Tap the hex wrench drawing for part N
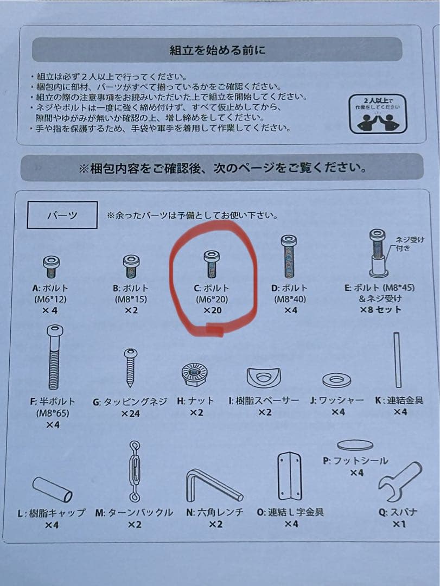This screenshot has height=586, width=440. (213, 486)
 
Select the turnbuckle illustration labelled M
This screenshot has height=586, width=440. (135, 472)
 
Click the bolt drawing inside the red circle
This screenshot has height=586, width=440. (211, 264)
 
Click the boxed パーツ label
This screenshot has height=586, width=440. (62, 215)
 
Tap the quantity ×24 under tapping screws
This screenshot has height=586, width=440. (130, 413)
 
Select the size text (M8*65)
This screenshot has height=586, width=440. (53, 413)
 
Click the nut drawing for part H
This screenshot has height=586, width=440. (194, 375)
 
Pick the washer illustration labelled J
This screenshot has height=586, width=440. (336, 380)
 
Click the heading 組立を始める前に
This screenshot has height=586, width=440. (217, 50)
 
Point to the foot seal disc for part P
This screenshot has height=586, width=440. (355, 445)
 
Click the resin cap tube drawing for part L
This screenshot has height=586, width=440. (52, 489)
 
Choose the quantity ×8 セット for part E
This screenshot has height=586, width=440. (380, 310)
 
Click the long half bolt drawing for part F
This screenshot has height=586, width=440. (55, 357)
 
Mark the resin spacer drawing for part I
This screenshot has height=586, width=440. (264, 378)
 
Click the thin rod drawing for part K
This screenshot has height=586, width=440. (397, 360)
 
